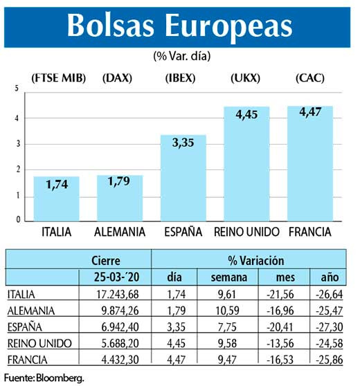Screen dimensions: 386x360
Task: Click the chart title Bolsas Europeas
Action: pos(179,25)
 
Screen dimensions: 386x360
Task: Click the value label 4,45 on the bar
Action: pos(247,115)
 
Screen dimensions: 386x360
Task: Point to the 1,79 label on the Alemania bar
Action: pos(120,184)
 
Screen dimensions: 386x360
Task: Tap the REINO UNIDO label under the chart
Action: pos(246,231)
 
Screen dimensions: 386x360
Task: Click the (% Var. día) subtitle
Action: pos(181,55)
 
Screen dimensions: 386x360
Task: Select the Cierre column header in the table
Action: pos(106,261)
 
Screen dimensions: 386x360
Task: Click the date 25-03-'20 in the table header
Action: pos(106,277)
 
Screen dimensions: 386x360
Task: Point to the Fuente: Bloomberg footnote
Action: pos(48,377)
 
